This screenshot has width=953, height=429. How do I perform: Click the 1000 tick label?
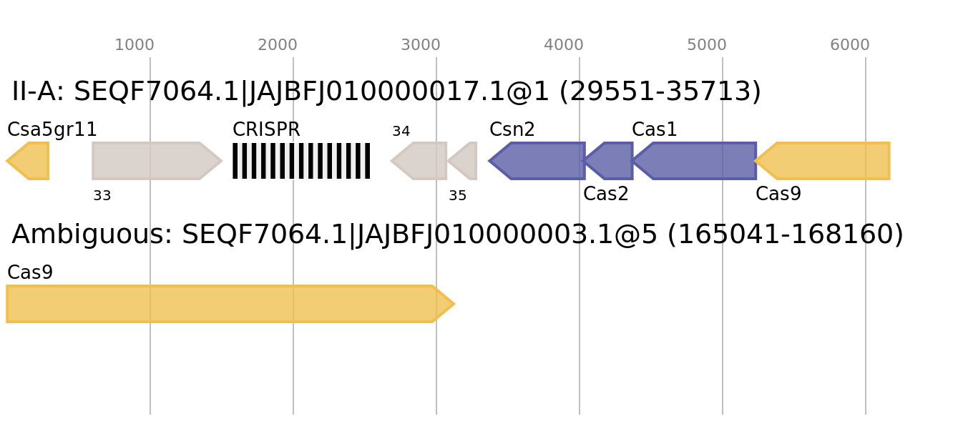click(134, 45)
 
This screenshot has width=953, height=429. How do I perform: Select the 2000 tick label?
click(277, 45)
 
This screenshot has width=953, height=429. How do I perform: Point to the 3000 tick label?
click(420, 45)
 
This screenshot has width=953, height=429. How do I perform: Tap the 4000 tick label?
click(563, 45)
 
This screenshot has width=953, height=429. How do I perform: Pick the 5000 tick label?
click(706, 45)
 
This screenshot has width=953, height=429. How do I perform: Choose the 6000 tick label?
click(849, 45)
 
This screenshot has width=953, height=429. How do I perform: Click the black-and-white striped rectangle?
click(301, 161)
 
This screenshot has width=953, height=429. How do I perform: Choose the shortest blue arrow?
click(612, 161)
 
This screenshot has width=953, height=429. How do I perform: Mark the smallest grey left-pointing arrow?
click(464, 161)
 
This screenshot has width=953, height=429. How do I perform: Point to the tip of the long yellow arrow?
click(454, 304)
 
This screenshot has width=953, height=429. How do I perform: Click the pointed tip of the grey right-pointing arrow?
click(222, 161)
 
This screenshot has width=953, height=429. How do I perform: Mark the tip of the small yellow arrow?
click(6, 161)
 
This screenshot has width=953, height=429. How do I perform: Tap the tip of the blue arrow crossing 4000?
click(489, 161)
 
